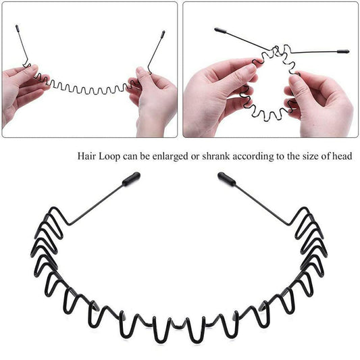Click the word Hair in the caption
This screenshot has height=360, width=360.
[x=86, y=157]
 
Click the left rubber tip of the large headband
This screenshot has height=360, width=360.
[x=132, y=178]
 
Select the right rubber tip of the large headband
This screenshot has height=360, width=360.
[x=226, y=179]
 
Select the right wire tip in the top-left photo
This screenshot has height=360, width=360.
[x=163, y=32]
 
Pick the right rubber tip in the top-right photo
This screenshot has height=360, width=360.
[x=343, y=51]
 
